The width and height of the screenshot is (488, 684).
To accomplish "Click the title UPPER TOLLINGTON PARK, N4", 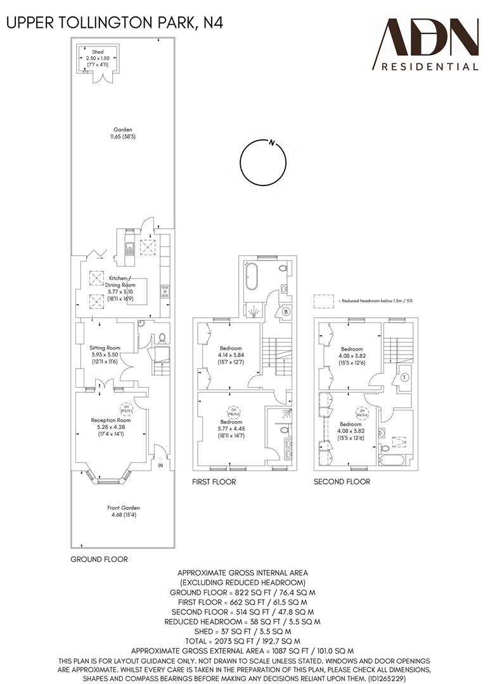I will click(115, 23).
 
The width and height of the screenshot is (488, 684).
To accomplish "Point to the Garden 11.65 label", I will click(123, 132).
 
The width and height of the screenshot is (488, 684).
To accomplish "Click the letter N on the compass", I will click(271, 142).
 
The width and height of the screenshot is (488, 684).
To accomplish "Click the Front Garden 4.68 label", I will click(123, 511).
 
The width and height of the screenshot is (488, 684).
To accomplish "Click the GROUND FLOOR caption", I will click(99, 559).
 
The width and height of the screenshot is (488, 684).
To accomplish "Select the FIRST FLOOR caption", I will click(214, 482).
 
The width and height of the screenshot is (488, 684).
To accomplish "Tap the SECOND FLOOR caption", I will click(342, 482).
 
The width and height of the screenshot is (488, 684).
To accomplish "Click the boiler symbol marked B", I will click(286, 312).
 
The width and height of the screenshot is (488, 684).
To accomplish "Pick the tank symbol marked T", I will click(404, 378).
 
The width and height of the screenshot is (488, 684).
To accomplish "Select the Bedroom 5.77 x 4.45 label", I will click(231, 429).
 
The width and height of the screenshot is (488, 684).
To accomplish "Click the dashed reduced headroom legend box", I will click(324, 301).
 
